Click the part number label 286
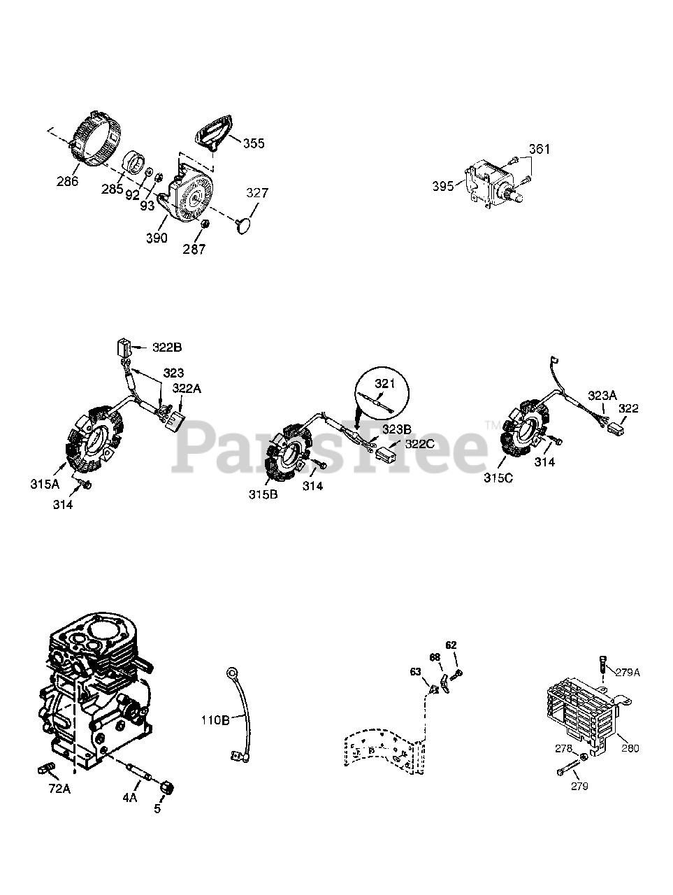tap(68, 181)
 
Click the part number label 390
tap(157, 238)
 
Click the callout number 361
tap(539, 149)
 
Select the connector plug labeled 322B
tap(124, 348)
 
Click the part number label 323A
tap(602, 395)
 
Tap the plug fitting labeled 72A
tap(43, 771)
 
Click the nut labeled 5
tap(167, 788)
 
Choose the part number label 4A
tap(130, 796)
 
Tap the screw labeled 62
tap(457, 673)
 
